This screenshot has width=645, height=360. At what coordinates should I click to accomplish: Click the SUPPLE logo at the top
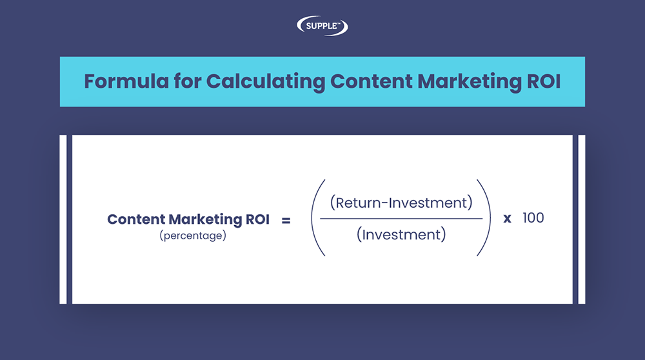pyautogui.click(x=322, y=26)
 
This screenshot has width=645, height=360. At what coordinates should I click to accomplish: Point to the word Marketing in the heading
pyautogui.click(x=466, y=82)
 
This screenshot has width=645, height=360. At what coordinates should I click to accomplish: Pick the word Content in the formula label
pyautogui.click(x=135, y=219)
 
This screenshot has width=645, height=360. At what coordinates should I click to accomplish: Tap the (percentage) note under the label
pyautogui.click(x=192, y=236)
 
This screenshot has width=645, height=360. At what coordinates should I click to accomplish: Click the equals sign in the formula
pyautogui.click(x=286, y=220)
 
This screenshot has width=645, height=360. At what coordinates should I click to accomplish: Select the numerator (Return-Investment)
pyautogui.click(x=401, y=203)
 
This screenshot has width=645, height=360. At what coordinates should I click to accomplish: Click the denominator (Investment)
pyautogui.click(x=401, y=234)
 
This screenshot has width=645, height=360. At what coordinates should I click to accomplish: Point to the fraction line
pyautogui.click(x=401, y=218)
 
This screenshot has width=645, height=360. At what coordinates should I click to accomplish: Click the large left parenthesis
pyautogui.click(x=315, y=218)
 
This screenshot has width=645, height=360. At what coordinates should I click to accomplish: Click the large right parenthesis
pyautogui.click(x=486, y=218)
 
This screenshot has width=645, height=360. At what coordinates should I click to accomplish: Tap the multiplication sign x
pyautogui.click(x=508, y=219)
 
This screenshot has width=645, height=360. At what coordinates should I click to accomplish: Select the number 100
pyautogui.click(x=533, y=218)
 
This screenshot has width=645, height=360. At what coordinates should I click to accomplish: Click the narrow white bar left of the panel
pyautogui.click(x=63, y=219)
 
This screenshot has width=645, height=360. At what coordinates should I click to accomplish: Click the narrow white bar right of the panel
pyautogui.click(x=582, y=219)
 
